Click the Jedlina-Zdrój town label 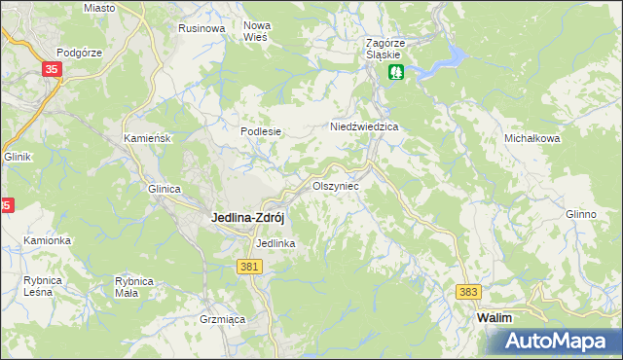click(x=248, y=219)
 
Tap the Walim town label click(x=495, y=318)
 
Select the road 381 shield click(x=248, y=265)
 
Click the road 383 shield click(x=469, y=292)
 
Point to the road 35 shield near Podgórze click(x=52, y=69)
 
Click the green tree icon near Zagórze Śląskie click(x=396, y=72)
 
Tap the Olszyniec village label click(x=335, y=185)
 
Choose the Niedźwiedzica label click(x=365, y=127)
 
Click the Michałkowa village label click(x=531, y=139)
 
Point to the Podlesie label click(x=261, y=132)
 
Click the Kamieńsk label click(x=148, y=139)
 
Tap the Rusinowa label click(x=202, y=28)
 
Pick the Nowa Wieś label click(x=257, y=30)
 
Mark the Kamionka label click(x=48, y=240)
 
